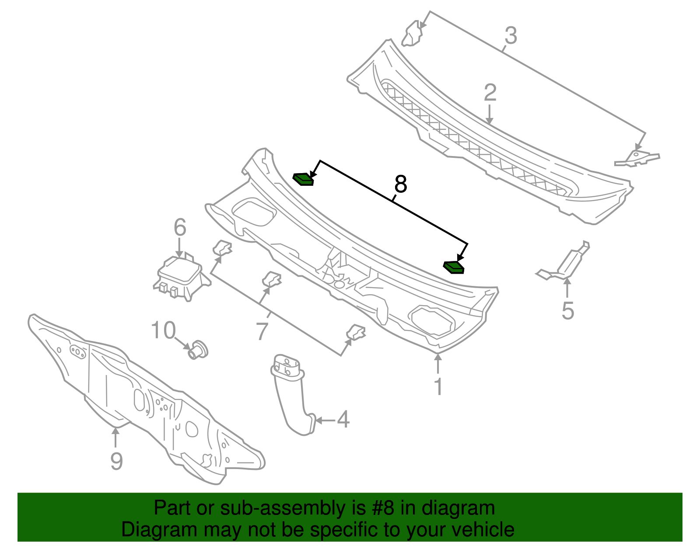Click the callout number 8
[x=400, y=184]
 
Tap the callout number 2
[x=490, y=93]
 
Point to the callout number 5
[x=567, y=311]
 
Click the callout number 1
[x=438, y=387]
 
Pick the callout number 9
[x=116, y=461]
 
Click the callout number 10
[x=163, y=330]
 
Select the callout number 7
[x=262, y=331]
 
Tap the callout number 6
[x=180, y=227]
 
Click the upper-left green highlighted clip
[x=303, y=179]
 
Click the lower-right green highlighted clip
[x=454, y=267]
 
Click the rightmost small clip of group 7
[x=356, y=333]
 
